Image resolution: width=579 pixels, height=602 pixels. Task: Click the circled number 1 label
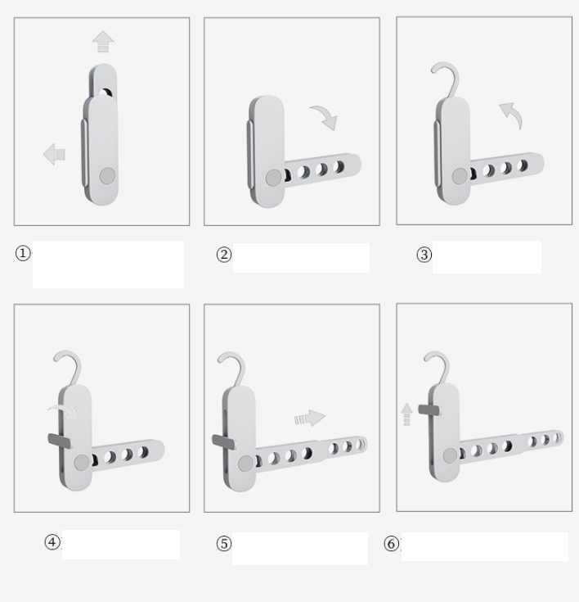23,253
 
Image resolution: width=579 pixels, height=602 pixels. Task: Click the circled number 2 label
224,255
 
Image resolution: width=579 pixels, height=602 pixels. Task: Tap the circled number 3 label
424,255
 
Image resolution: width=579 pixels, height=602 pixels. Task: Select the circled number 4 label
52,542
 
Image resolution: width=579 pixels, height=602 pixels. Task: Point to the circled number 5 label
224,544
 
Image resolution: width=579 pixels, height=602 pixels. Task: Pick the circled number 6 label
392,544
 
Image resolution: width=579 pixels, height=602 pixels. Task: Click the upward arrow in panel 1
103,42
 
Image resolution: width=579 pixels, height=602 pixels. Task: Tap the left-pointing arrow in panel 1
54,154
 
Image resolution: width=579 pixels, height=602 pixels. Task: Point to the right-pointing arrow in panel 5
310,418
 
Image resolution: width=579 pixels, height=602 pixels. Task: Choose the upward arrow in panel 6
406,414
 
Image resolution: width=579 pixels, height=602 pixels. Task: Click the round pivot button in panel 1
107,176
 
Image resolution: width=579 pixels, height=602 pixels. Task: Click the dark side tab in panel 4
60,441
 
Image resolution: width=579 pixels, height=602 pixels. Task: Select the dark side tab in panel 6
429,410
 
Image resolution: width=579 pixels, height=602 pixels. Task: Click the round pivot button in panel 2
273,179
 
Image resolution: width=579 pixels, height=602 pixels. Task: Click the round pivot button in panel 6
450,455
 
